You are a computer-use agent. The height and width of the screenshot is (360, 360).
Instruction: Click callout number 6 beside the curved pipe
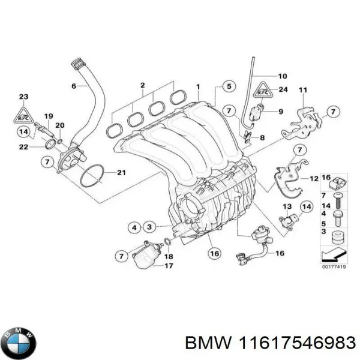[74, 86]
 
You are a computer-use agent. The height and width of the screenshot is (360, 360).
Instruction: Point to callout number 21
[121, 173]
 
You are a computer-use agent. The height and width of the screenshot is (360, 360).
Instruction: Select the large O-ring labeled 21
[92, 175]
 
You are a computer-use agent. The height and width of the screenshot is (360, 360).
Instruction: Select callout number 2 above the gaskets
[143, 85]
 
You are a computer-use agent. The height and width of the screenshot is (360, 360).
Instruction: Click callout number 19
[49, 116]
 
